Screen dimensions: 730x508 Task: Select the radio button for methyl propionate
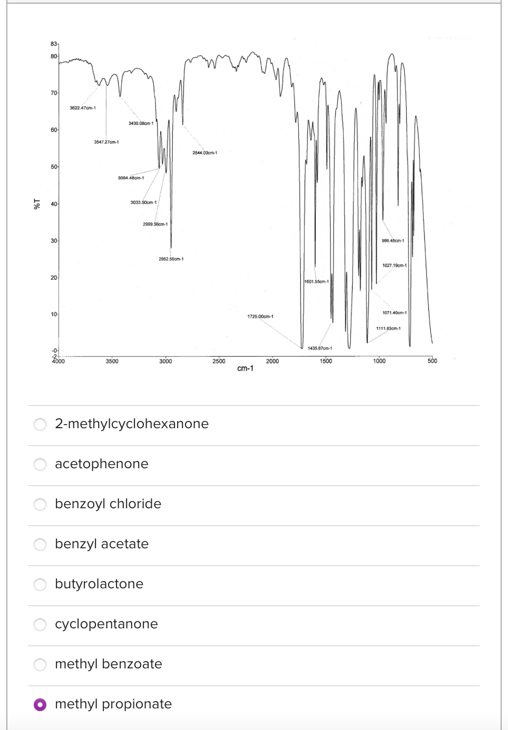(40, 704)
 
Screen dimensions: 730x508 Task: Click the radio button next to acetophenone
(40, 464)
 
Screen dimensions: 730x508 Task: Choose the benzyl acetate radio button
(40, 544)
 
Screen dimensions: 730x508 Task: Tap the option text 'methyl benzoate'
(108, 664)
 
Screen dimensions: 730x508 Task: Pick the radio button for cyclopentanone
(40, 624)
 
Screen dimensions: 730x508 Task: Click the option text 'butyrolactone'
(99, 584)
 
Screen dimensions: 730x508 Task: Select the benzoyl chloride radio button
(40, 504)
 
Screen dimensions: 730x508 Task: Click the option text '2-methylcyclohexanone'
(132, 423)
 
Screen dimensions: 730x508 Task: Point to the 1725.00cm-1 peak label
(260, 317)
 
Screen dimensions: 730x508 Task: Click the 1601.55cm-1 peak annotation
(316, 281)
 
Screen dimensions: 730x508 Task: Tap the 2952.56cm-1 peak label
(171, 259)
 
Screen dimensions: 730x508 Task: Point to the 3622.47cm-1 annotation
(83, 108)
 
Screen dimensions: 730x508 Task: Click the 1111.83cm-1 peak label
(388, 329)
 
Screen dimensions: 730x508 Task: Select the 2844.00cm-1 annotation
(204, 153)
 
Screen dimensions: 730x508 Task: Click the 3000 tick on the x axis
(165, 361)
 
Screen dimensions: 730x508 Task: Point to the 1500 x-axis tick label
(326, 361)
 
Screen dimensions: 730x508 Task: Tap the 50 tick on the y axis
(54, 167)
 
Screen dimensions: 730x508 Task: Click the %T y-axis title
(37, 204)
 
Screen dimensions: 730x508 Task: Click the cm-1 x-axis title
(245, 369)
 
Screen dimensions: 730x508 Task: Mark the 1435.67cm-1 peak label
(320, 348)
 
